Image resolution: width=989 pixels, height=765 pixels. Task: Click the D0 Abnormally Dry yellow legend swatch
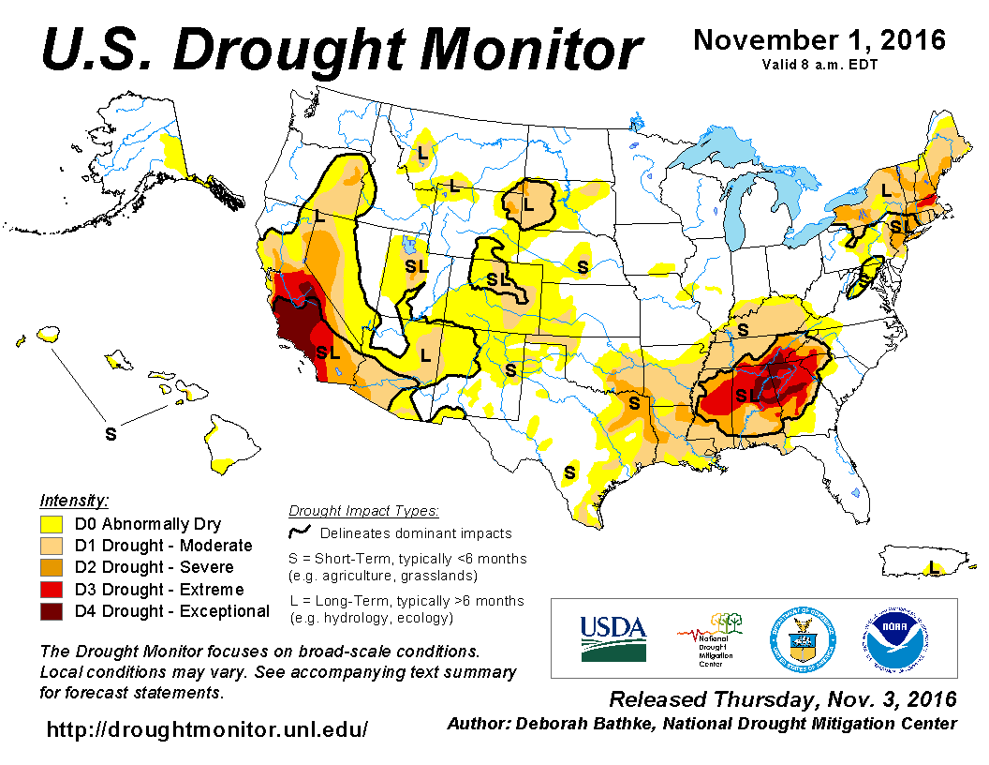52,524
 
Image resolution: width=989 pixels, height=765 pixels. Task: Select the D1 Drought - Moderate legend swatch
52,546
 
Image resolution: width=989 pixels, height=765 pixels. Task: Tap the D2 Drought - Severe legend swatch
52,567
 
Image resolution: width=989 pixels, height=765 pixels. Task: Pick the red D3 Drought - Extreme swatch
52,590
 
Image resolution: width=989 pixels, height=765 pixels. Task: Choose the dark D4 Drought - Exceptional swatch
52,611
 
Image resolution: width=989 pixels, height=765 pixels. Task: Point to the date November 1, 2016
819,40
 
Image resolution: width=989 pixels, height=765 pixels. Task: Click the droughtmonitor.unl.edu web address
207,728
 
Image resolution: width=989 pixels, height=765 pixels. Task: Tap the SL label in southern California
327,352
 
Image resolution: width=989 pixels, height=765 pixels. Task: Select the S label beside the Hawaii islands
111,434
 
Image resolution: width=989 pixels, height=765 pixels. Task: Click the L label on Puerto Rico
932,567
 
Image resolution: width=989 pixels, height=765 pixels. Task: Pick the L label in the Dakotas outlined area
527,203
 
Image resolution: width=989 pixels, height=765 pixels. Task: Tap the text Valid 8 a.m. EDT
819,65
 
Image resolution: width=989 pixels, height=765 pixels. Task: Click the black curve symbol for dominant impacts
301,532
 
